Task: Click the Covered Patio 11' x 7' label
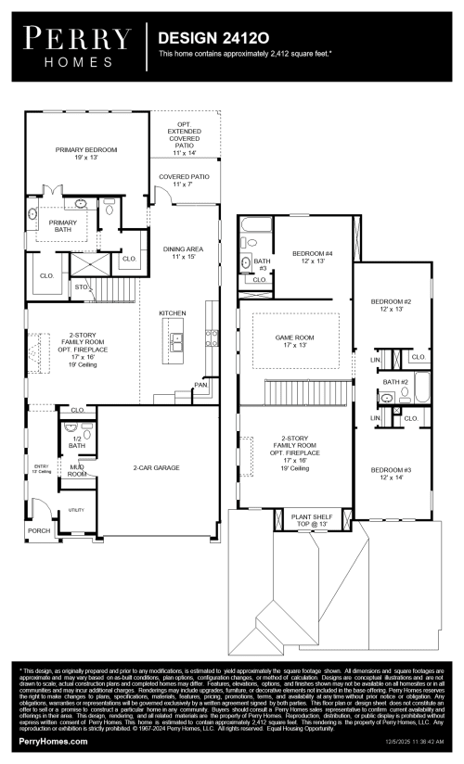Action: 184,180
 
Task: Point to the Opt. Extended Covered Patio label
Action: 184,140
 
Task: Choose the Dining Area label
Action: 183,252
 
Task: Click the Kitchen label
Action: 173,313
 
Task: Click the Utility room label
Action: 76,510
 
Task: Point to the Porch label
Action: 39,531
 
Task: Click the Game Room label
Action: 294,340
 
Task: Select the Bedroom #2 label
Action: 391,305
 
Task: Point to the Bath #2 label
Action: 396,382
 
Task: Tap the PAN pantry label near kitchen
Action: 200,384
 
